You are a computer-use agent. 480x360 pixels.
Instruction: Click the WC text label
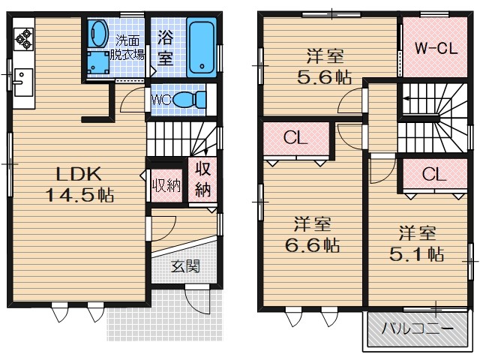[163, 99]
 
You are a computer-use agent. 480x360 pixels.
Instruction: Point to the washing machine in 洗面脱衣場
[97, 61]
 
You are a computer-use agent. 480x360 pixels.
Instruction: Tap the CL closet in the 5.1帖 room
[433, 174]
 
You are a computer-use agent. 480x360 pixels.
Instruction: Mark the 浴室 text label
[165, 47]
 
